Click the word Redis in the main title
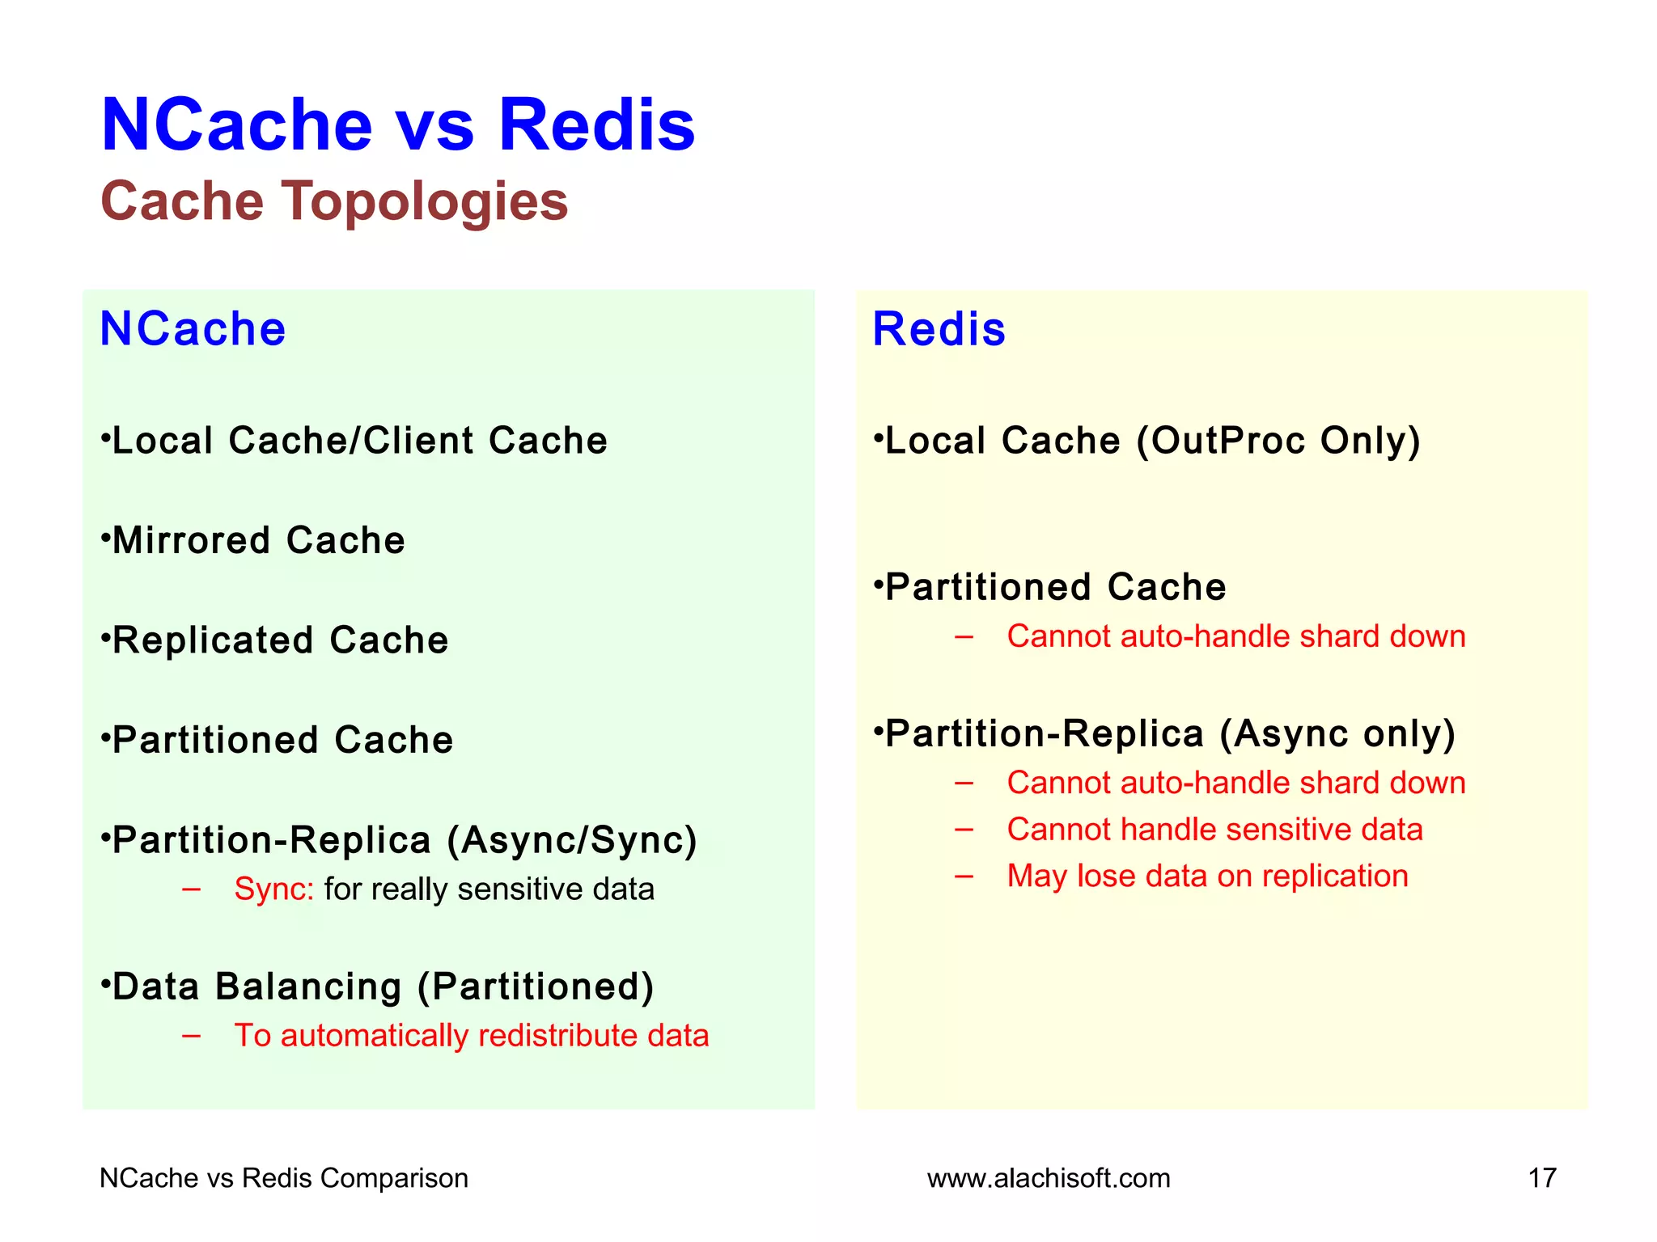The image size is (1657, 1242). click(596, 125)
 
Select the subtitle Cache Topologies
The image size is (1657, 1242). click(334, 201)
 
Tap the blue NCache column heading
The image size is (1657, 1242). click(193, 329)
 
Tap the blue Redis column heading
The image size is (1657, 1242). click(939, 329)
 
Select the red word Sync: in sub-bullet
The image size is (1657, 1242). click(273, 889)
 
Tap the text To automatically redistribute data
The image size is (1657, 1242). click(471, 1036)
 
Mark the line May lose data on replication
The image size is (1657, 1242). click(1207, 877)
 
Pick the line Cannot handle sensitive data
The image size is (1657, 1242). click(1214, 830)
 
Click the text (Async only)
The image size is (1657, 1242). click(1337, 734)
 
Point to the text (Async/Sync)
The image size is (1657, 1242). click(571, 840)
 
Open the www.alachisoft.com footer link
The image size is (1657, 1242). click(1049, 1178)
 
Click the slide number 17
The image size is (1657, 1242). click(1541, 1178)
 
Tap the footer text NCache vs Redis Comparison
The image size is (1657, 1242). click(283, 1178)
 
